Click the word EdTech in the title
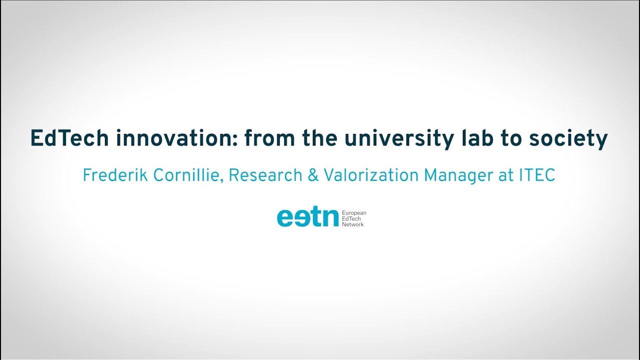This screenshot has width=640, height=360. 69,138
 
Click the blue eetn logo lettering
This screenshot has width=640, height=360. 307,218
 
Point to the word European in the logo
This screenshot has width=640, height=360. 354,213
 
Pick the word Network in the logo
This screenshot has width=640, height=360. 353,224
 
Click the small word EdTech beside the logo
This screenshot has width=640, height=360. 351,219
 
